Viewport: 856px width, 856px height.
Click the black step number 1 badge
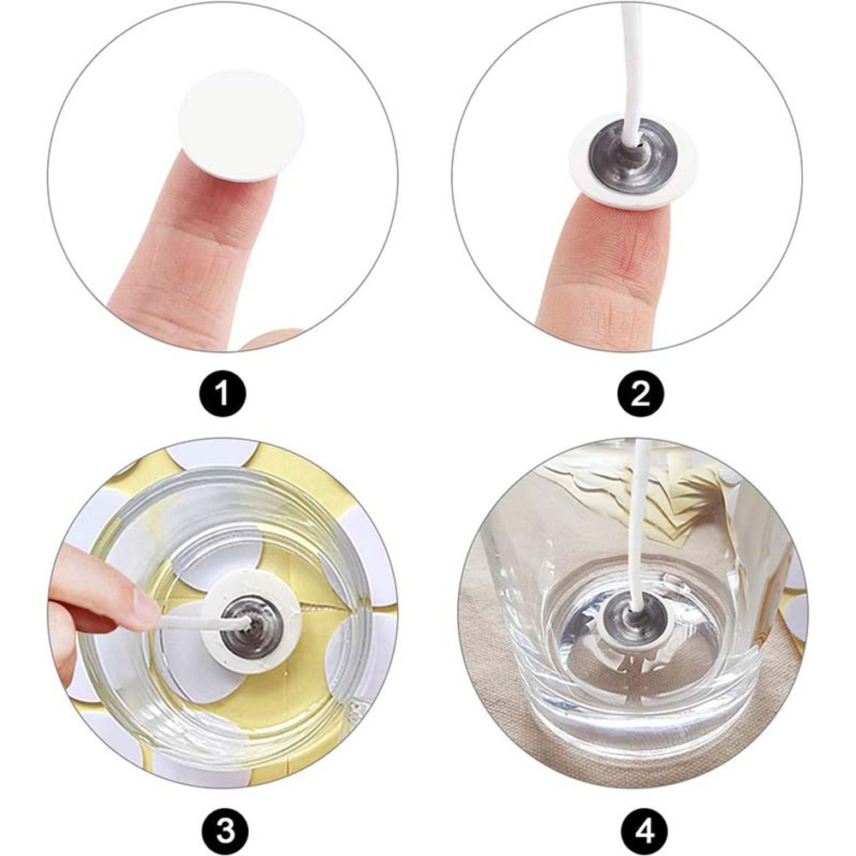223,394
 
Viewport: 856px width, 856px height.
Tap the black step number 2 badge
640,394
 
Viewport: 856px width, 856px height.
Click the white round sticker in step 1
242,125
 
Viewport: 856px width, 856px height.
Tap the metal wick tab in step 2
633,157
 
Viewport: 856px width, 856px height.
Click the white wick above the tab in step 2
629,71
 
